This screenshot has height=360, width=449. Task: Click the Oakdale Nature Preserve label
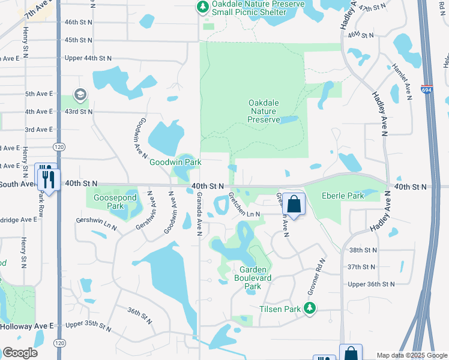[264, 111]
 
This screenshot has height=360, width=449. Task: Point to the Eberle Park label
[343, 196]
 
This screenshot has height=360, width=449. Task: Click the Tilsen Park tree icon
[310, 308]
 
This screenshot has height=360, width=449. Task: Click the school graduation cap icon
[80, 95]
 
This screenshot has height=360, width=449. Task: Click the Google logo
[20, 353]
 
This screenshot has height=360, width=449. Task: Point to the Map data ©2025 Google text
[411, 355]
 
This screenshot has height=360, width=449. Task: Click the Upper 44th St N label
[88, 58]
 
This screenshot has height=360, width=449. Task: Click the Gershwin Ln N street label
[97, 224]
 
